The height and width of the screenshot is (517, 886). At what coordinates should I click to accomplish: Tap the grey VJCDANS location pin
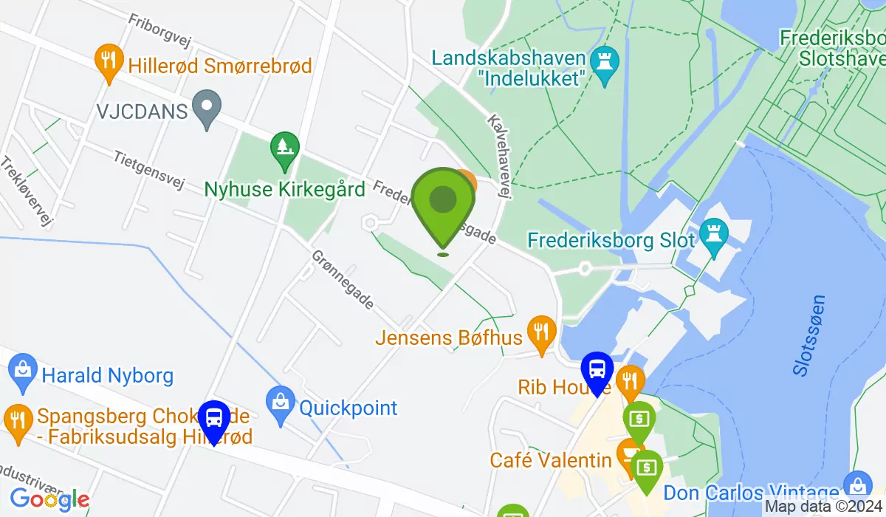tap(207, 109)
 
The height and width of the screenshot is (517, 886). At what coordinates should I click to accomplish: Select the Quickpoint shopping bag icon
tap(280, 405)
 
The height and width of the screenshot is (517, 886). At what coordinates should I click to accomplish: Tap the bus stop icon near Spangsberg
tap(214, 420)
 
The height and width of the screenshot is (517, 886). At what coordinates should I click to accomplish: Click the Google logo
tap(49, 499)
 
